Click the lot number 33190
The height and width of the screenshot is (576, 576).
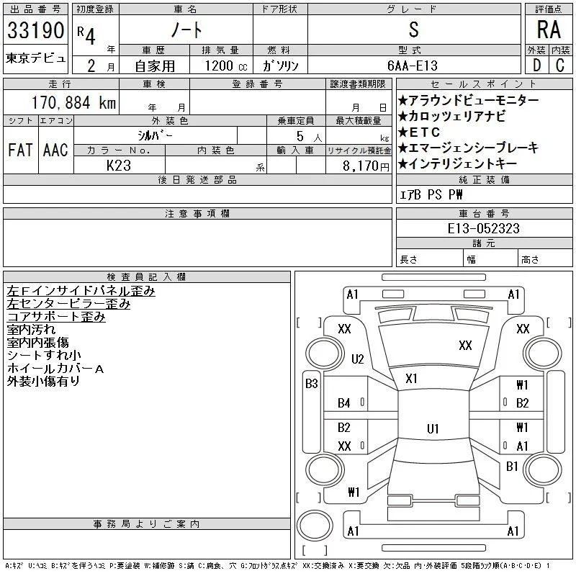[35, 30]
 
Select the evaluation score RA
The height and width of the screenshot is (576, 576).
[549, 30]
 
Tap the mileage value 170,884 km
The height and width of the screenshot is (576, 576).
[73, 103]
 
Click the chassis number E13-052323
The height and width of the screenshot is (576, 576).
[483, 228]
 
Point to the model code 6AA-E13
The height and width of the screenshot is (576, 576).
[413, 66]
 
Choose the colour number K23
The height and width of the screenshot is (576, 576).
[119, 166]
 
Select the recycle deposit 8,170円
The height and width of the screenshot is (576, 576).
[366, 166]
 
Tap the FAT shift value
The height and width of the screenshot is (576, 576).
[20, 150]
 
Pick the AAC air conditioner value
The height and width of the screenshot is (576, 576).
[55, 150]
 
